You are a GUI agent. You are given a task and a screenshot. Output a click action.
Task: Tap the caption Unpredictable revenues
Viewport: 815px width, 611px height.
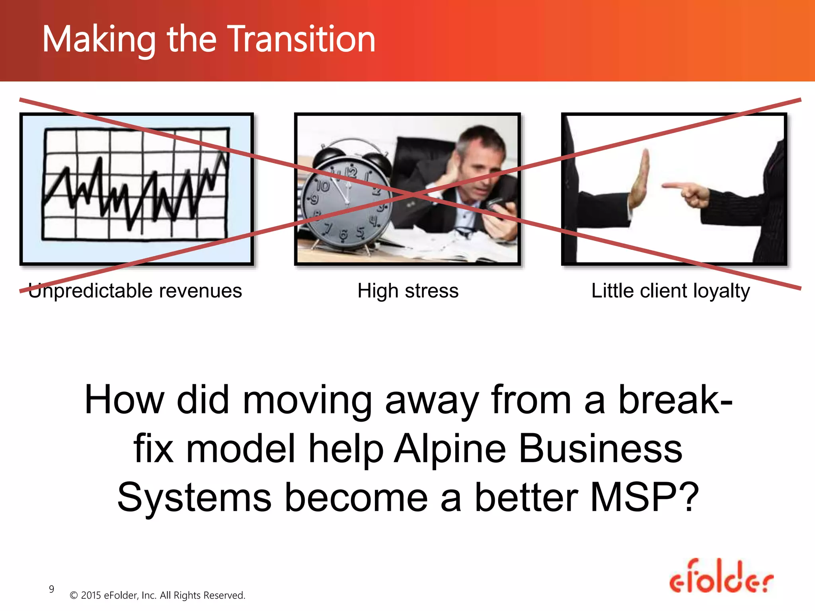(135, 291)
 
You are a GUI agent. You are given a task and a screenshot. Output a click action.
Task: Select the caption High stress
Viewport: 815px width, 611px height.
(408, 291)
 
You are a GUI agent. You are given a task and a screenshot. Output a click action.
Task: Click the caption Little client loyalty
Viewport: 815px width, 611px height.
(671, 291)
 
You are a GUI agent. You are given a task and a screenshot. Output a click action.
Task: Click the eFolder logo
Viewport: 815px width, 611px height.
(721, 577)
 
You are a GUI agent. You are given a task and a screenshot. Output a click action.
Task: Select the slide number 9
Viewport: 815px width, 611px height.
(51, 589)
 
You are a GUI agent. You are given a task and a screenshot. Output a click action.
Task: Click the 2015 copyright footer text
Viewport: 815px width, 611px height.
(157, 595)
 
